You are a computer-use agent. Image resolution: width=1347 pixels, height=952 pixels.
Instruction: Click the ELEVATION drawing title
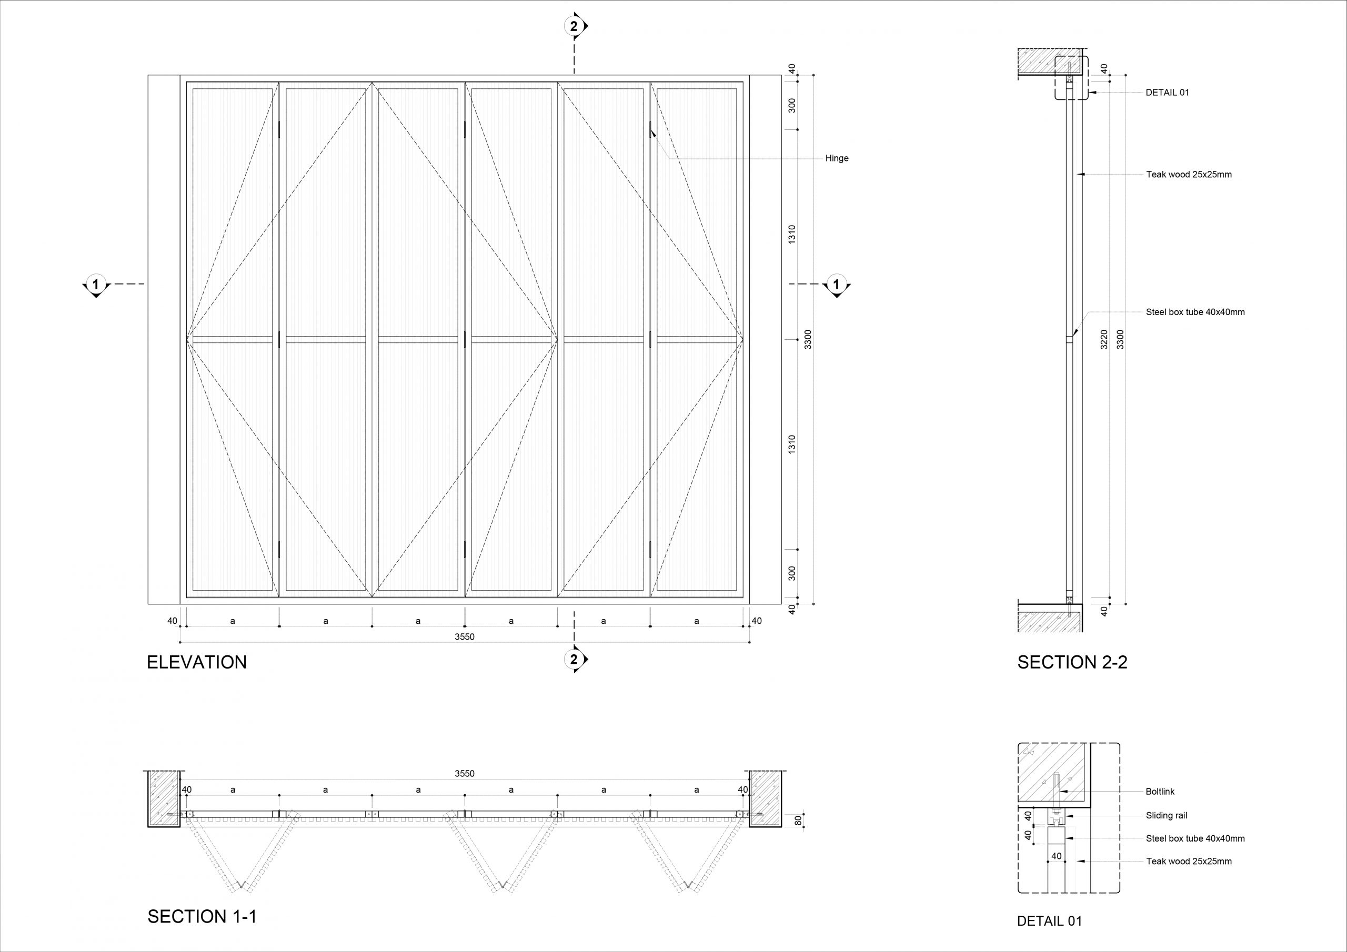(197, 662)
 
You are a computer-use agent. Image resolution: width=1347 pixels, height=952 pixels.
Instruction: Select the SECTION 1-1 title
(203, 917)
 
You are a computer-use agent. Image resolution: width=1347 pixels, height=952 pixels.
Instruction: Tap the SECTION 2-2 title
(1072, 662)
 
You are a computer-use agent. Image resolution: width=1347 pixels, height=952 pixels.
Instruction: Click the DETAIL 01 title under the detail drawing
(1050, 921)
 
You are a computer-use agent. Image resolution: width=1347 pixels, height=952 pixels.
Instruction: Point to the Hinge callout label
(837, 158)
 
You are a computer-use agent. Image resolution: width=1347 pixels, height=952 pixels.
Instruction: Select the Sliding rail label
(1167, 815)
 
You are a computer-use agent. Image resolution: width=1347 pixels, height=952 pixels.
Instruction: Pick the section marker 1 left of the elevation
(96, 285)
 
